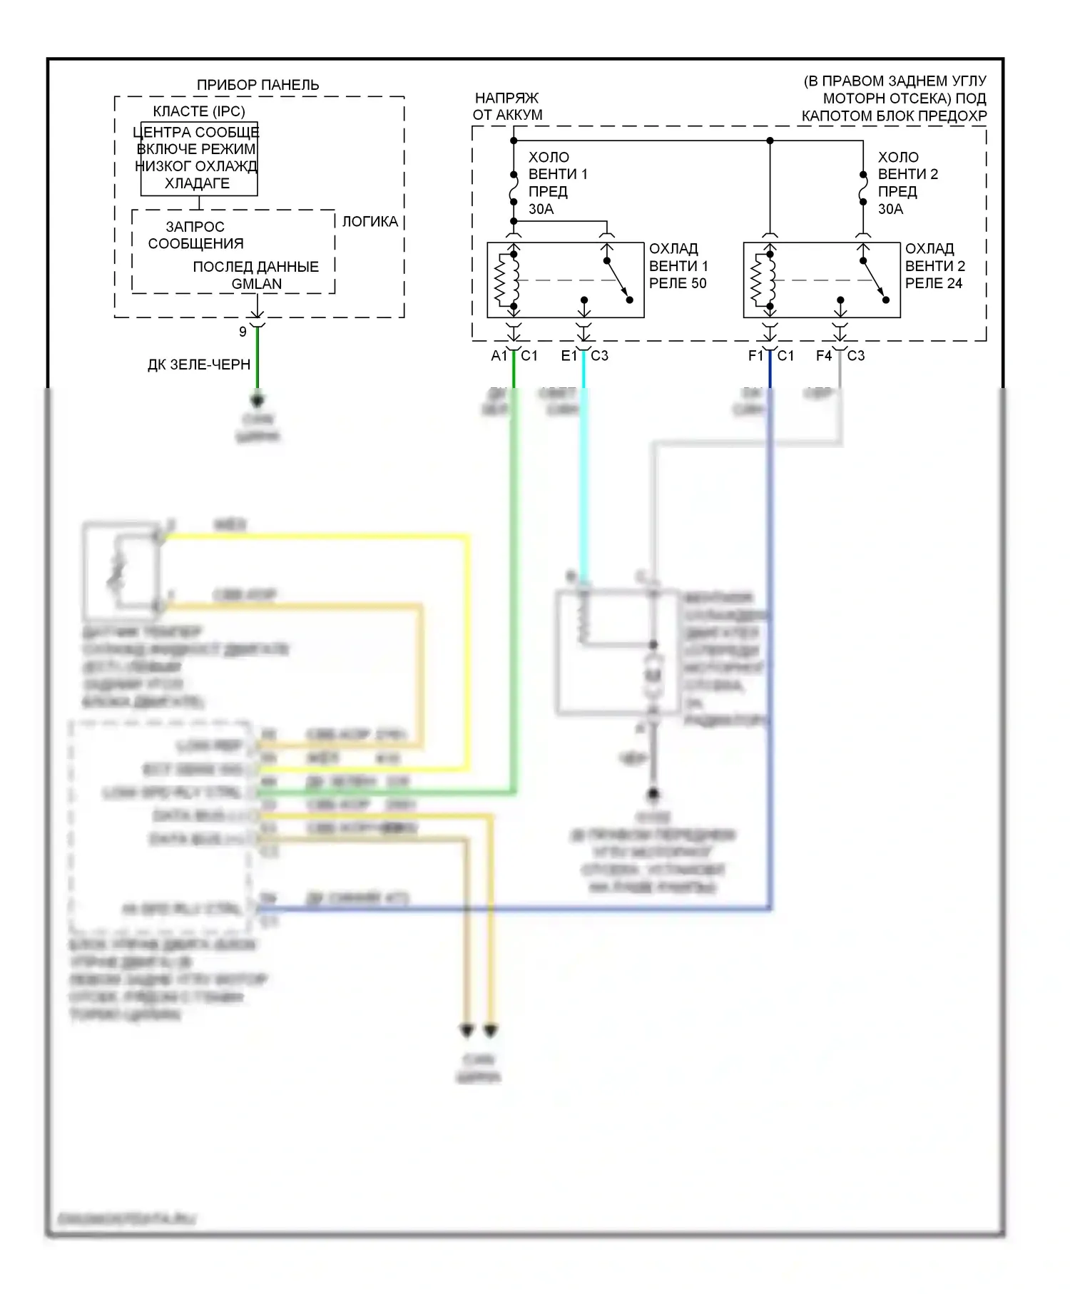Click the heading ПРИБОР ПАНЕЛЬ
pos(258,85)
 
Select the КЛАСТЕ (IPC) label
pos(199,111)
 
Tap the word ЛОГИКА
pos(370,221)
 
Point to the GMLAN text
pos(257,283)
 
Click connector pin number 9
pos(243,332)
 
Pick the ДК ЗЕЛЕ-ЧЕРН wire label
pos(199,365)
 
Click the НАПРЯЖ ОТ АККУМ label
pos(507,106)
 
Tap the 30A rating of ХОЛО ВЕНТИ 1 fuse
pos(541,209)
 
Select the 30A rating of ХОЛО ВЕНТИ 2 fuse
pos(890,209)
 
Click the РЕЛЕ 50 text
pos(678,283)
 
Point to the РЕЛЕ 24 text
pos(934,283)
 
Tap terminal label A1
pos(499,355)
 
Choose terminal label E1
pos(569,355)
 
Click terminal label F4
pos(824,355)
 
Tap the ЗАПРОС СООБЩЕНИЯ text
pos(195,235)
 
